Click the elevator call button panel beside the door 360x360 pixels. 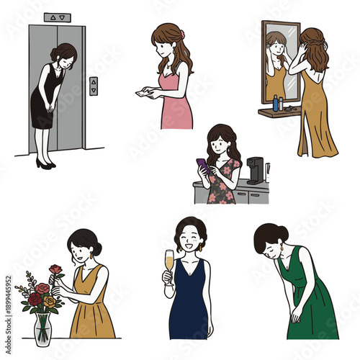point(93,86)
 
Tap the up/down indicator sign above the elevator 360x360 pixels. point(57,17)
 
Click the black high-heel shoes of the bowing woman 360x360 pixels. point(45,164)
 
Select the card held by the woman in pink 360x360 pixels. point(143,93)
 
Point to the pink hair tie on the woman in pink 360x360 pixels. point(182,33)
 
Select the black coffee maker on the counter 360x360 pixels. point(256,171)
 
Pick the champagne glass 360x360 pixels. point(169,261)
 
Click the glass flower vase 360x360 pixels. point(42,328)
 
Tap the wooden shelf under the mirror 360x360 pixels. point(278,112)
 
